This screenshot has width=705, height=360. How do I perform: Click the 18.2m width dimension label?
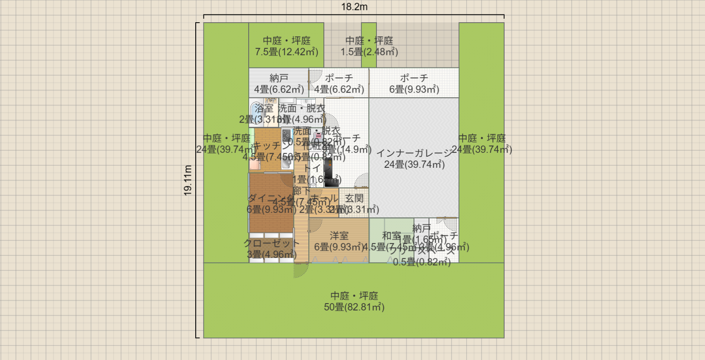tap(354, 7)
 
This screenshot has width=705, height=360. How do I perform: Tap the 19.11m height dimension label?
tap(188, 180)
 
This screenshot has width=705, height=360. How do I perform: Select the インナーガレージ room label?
tap(414, 153)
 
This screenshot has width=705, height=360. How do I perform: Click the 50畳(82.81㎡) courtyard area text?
tap(354, 307)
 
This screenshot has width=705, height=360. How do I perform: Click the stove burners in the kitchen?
tap(287, 136)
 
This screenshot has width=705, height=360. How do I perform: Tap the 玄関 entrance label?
tap(354, 198)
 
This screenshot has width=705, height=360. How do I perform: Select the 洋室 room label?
tap(339, 235)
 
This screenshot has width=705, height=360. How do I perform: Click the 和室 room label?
tap(391, 236)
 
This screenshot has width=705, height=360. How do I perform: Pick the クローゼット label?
tap(271, 243)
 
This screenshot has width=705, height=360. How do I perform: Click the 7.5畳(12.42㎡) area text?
tap(287, 52)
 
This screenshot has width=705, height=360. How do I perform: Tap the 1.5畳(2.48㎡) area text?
tap(369, 52)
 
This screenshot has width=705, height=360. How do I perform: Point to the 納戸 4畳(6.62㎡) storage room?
tap(279, 83)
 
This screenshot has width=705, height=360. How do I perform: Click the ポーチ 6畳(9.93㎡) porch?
tap(414, 83)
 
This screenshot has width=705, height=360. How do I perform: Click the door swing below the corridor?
tap(300, 270)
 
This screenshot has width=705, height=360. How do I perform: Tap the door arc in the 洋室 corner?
tap(315, 225)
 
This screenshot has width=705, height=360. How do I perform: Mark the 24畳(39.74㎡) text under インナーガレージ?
tap(414, 164)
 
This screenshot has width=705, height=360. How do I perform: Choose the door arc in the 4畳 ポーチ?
tap(315, 76)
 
